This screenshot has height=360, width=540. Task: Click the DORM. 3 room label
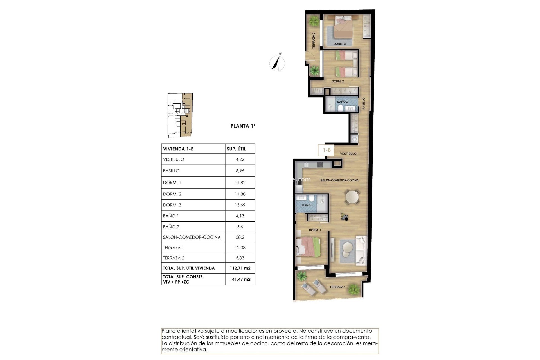tap(339, 44)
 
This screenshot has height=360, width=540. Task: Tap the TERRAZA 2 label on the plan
tap(314, 40)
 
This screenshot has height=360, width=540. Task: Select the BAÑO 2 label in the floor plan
tap(343, 102)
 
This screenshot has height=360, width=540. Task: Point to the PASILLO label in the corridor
tap(364, 103)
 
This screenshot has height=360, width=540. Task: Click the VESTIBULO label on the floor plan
tap(348, 154)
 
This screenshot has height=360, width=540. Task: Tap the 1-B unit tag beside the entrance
tap(327, 150)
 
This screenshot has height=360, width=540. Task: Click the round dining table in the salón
tap(352, 197)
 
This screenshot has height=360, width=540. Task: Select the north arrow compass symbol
tap(277, 63)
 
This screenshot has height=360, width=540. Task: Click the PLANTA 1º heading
tap(243, 126)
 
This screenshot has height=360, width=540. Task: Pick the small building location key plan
tap(180, 115)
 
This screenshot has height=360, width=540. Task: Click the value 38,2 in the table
tap(240, 237)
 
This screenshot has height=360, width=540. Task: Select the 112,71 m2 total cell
tap(240, 268)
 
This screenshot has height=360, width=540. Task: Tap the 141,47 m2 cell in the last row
tap(240, 279)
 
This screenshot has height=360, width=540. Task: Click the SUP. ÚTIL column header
tap(236, 149)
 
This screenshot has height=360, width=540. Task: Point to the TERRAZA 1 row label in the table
tap(174, 248)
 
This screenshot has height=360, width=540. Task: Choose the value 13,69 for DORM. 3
tap(240, 205)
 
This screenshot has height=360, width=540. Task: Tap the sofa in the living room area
tap(361, 250)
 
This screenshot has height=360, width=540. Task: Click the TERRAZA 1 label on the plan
tap(337, 287)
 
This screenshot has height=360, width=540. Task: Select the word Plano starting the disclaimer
tap(168, 331)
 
